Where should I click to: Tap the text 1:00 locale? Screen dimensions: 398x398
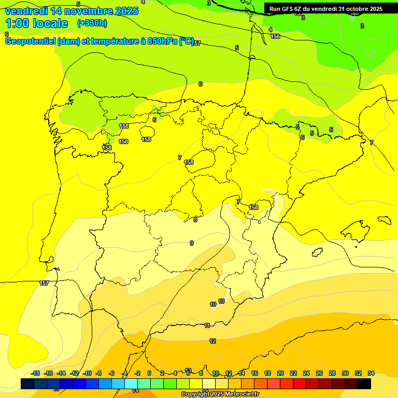pyautogui.click(x=37, y=23)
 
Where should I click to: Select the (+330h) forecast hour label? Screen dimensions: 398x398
pyautogui.click(x=92, y=23)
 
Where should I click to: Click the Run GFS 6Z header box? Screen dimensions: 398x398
pyautogui.click(x=325, y=8)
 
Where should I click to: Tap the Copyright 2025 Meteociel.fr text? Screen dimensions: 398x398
pyautogui.click(x=220, y=394)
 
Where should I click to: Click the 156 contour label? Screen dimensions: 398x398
pyautogui.click(x=275, y=36)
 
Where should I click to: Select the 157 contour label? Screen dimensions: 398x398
pyautogui.click(x=44, y=283)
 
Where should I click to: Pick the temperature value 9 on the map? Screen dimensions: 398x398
pyautogui.click(x=192, y=243)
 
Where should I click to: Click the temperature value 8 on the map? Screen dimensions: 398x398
pyautogui.click(x=195, y=220)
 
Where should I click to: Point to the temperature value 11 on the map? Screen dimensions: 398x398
pyautogui.click(x=207, y=325)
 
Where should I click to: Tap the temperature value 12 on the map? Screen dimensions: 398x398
pyautogui.click(x=212, y=341)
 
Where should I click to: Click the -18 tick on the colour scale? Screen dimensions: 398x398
pyautogui.click(x=36, y=373)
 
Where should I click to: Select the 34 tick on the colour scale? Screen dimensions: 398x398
pyautogui.click(x=371, y=373)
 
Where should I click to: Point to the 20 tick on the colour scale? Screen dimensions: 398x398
pyautogui.click(x=280, y=373)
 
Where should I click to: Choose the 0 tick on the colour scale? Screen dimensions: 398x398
pyautogui.click(x=149, y=373)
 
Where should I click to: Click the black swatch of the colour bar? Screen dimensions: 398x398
pyautogui.click(x=364, y=383)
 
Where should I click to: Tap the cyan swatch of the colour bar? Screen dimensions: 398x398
pyautogui.click(x=131, y=383)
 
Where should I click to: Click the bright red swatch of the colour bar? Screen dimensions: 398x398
pyautogui.click(x=300, y=383)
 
